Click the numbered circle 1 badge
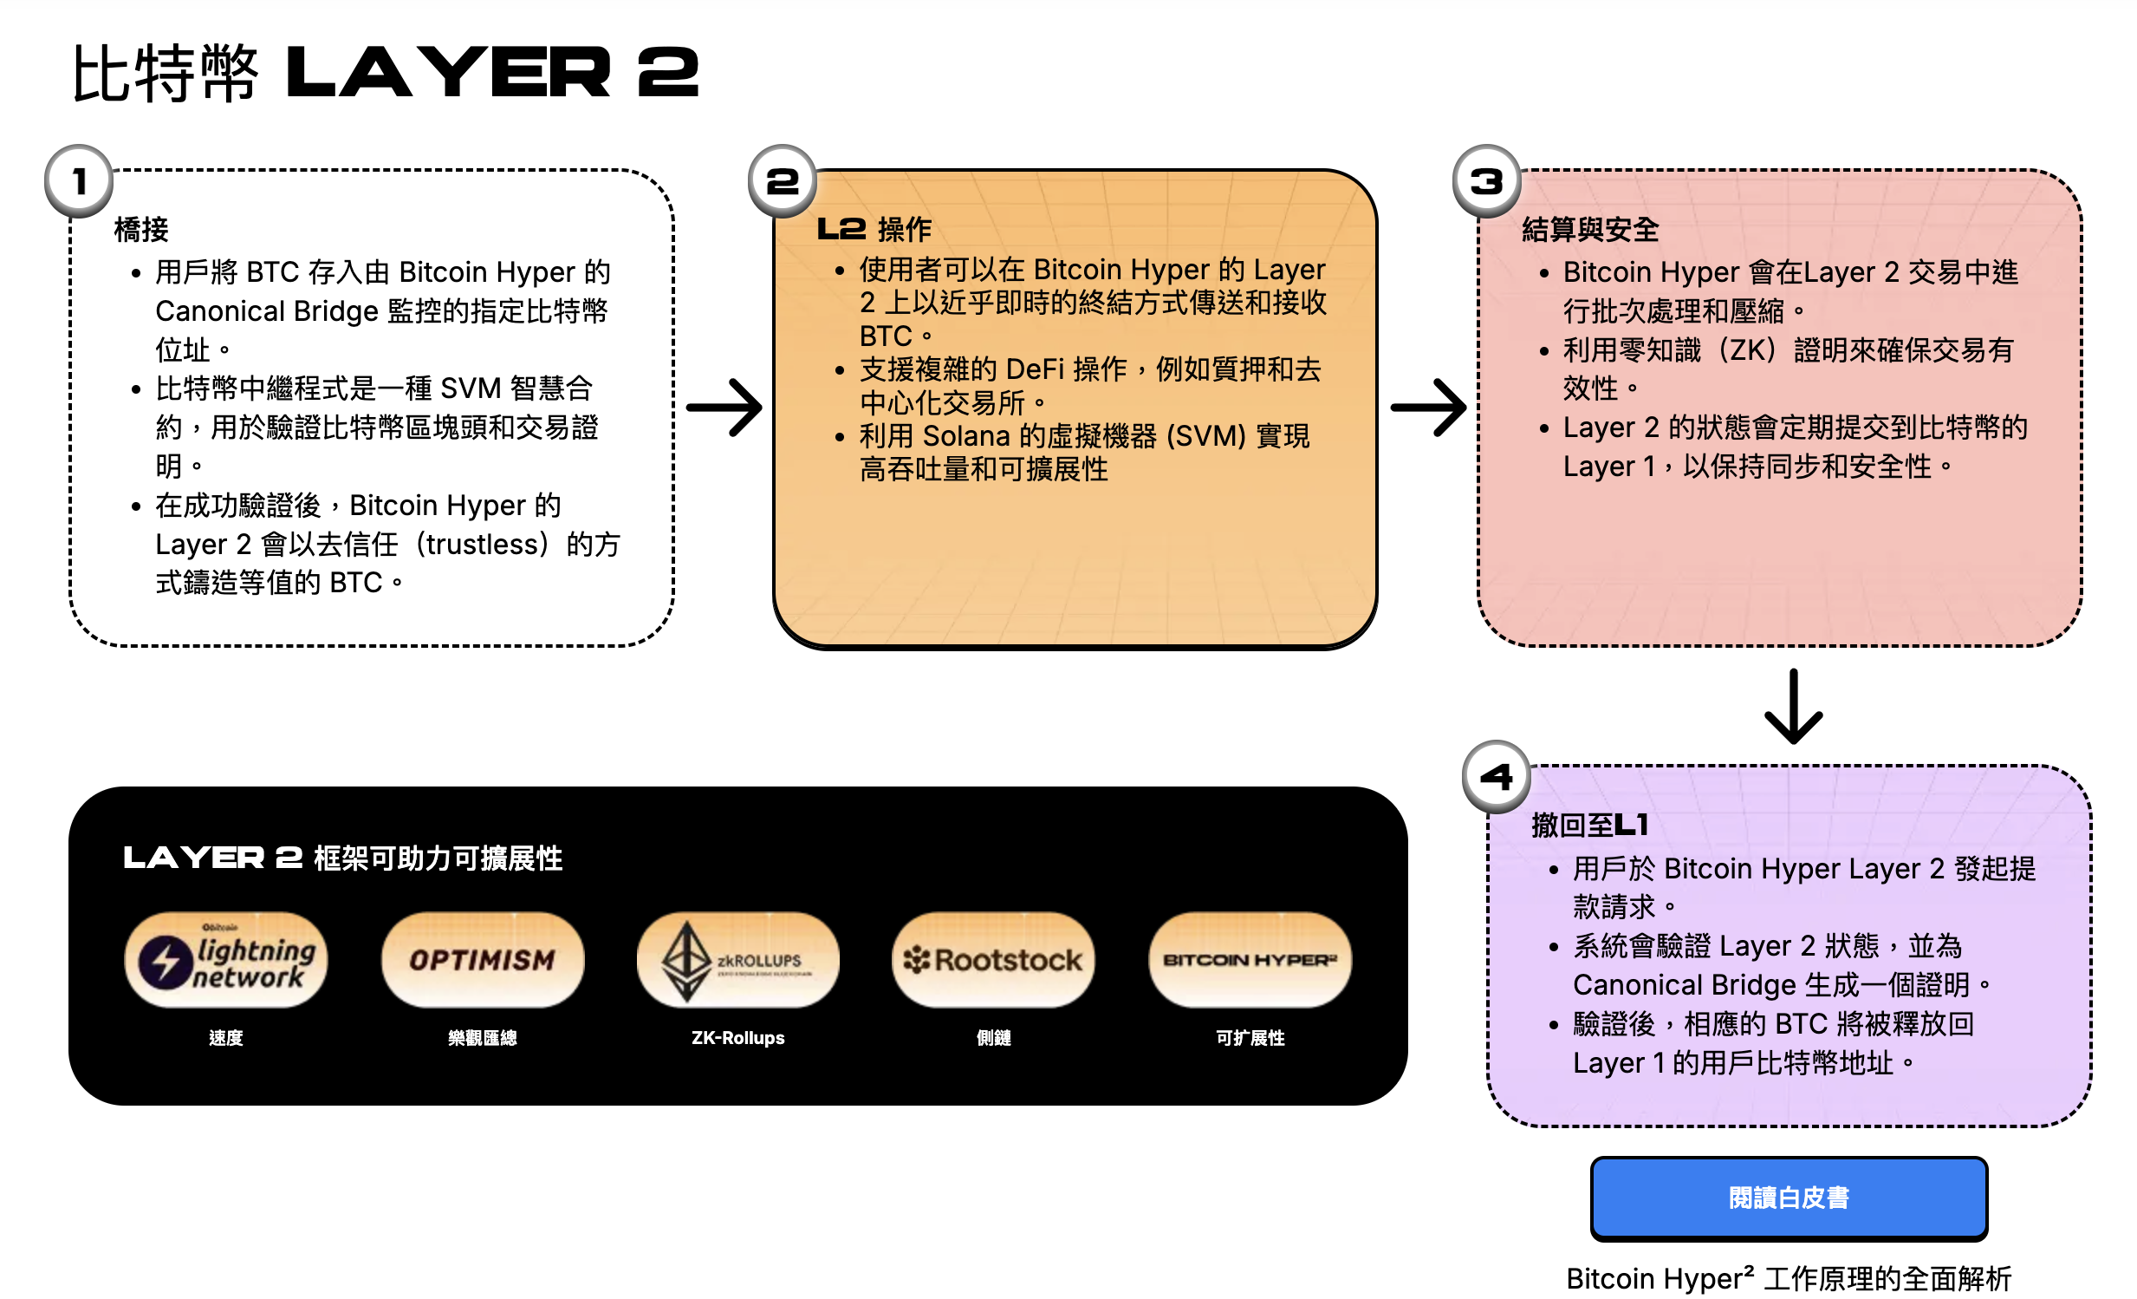pyautogui.click(x=79, y=180)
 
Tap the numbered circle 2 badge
pyautogui.click(x=783, y=180)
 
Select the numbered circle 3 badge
pyautogui.click(x=1486, y=180)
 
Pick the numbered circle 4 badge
pyautogui.click(x=1496, y=776)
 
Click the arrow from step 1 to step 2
pyautogui.click(x=724, y=407)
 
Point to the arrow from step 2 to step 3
pyautogui.click(x=1428, y=407)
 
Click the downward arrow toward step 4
pyautogui.click(x=1793, y=707)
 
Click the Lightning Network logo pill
pyautogui.click(x=225, y=960)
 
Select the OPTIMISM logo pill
pyautogui.click(x=482, y=960)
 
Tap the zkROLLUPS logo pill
pyautogui.click(x=738, y=960)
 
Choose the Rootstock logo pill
pyautogui.click(x=993, y=960)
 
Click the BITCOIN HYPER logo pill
pyautogui.click(x=1250, y=960)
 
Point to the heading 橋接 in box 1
pyautogui.click(x=141, y=230)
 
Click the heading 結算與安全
pyautogui.click(x=1589, y=230)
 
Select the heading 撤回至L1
pyautogui.click(x=1589, y=825)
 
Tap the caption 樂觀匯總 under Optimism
pyautogui.click(x=482, y=1038)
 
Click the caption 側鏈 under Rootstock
pyautogui.click(x=993, y=1038)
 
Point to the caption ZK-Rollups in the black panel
pyautogui.click(x=738, y=1038)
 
